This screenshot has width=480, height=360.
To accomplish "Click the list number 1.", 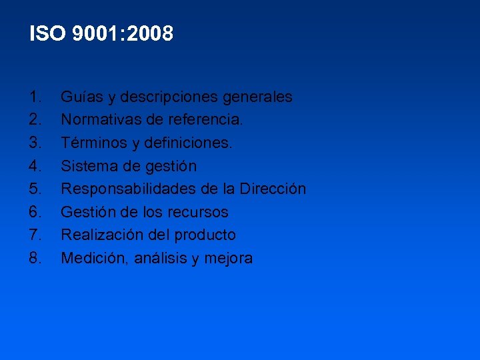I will click(36, 97).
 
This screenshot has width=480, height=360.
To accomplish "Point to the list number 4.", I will click(36, 166).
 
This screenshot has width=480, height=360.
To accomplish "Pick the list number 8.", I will click(36, 258).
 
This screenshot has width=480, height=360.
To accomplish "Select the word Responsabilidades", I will click(128, 189).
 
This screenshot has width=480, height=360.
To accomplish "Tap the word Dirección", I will click(273, 189).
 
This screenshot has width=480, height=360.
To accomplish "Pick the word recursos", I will click(200, 212).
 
